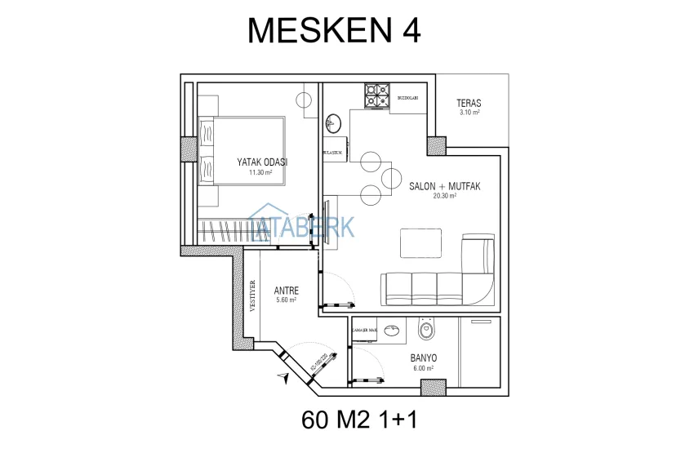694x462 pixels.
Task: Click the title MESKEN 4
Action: [x=334, y=30]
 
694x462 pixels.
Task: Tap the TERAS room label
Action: [x=469, y=104]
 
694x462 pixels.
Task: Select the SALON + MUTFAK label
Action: [x=444, y=186]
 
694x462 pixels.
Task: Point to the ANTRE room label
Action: [x=285, y=290]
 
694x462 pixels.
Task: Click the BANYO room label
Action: [x=423, y=358]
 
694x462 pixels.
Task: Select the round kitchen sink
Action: [x=332, y=125]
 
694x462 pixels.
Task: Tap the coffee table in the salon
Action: [x=420, y=242]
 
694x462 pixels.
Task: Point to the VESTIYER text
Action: [x=252, y=299]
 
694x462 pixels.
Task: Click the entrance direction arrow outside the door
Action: [x=282, y=377]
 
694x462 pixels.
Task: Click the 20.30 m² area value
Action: [x=444, y=196]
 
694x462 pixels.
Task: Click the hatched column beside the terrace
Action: [x=437, y=147]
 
